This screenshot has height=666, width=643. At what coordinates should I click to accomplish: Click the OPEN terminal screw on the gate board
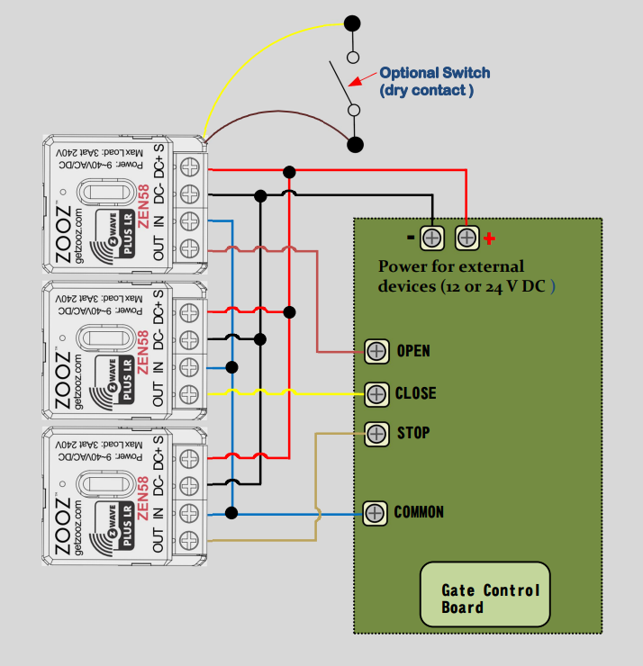click(376, 351)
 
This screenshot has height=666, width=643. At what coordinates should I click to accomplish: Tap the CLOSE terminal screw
click(376, 393)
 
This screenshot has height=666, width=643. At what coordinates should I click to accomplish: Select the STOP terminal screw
click(376, 433)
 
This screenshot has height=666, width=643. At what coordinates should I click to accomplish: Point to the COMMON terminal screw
click(376, 513)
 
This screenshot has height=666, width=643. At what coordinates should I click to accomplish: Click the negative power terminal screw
click(432, 238)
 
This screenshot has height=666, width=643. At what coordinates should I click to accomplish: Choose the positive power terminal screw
click(466, 238)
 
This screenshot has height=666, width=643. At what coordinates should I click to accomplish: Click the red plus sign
click(489, 238)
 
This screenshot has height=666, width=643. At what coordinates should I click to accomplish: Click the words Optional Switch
click(435, 73)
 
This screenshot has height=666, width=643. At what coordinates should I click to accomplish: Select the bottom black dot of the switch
click(356, 143)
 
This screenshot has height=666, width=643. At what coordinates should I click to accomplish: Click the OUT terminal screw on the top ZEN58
click(189, 249)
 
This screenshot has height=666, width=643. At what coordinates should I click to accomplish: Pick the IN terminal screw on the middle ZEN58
click(189, 367)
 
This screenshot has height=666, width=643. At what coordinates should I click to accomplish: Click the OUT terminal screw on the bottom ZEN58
click(189, 541)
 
